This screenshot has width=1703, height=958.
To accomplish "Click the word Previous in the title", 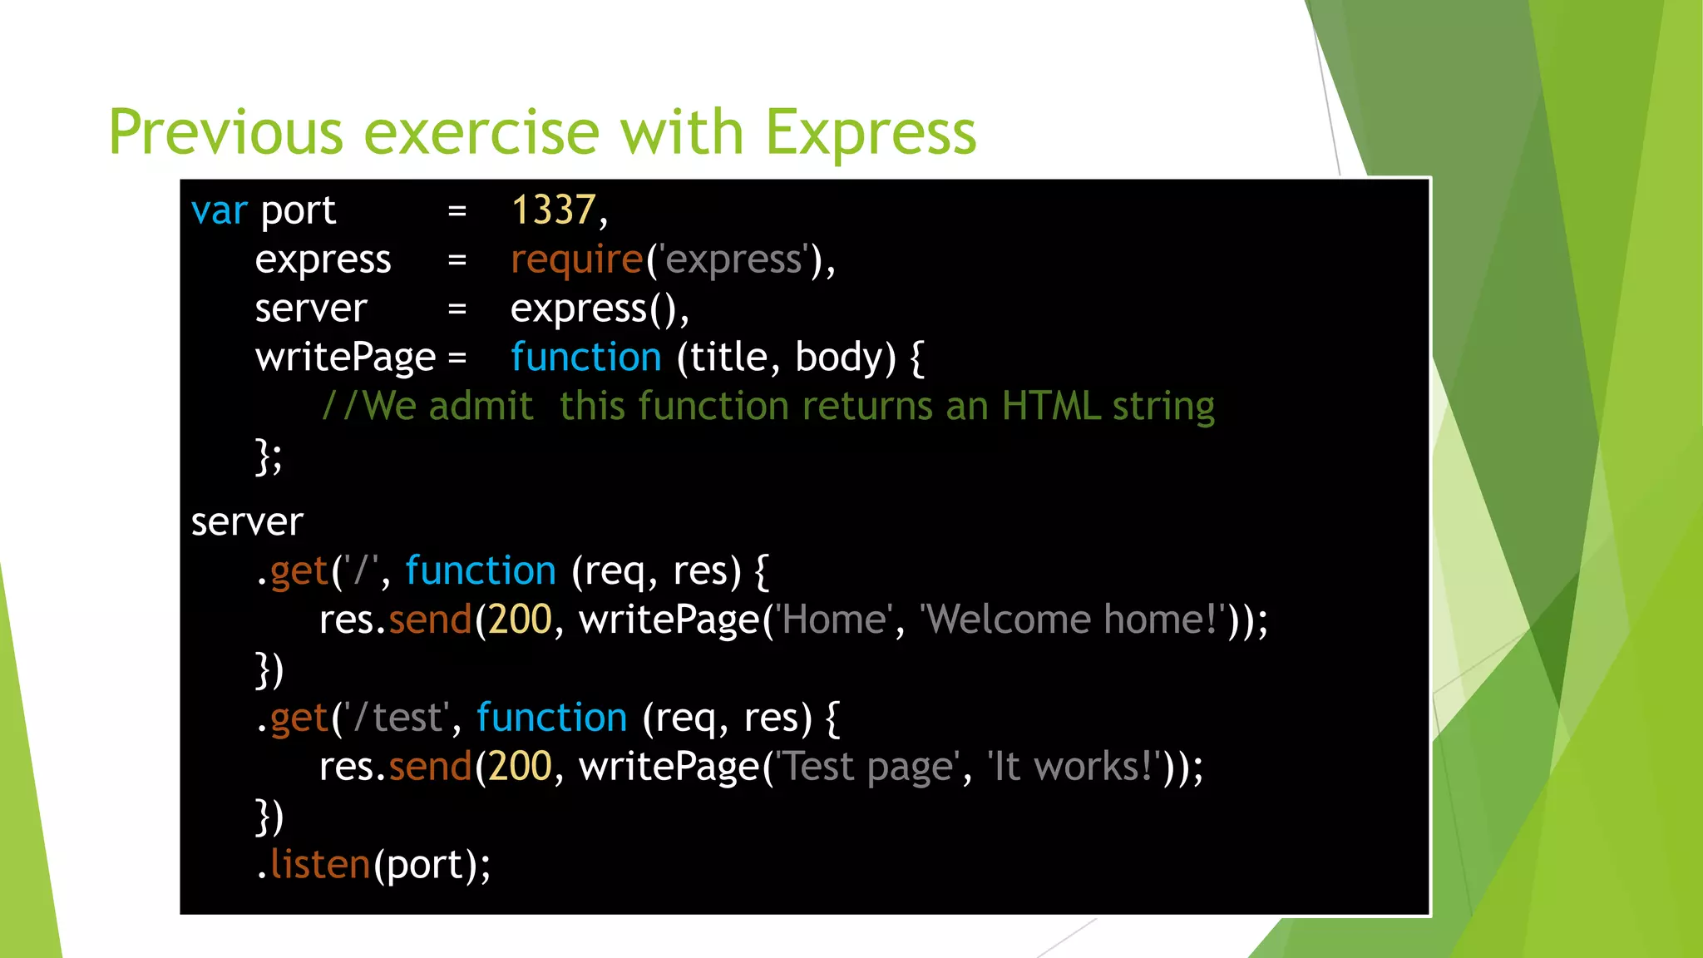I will (225, 133).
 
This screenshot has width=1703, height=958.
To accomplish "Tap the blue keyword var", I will (219, 210).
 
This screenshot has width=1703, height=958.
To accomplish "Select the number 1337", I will (553, 210).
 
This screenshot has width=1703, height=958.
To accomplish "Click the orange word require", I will (576, 259).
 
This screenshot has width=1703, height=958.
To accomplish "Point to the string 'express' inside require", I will (733, 259).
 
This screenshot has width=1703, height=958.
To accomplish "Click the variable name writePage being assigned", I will (345, 358).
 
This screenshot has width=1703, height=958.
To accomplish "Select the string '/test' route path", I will (397, 718).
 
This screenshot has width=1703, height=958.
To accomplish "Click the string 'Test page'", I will (866, 767).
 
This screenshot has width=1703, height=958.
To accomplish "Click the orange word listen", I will (320, 865).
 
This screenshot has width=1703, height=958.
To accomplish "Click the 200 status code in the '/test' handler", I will (520, 767).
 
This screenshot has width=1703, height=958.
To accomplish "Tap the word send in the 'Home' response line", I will (430, 620).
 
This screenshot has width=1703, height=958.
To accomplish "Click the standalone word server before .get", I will (247, 522).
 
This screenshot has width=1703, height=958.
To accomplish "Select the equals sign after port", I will (457, 211).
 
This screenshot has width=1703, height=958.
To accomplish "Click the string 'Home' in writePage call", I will (834, 620).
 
